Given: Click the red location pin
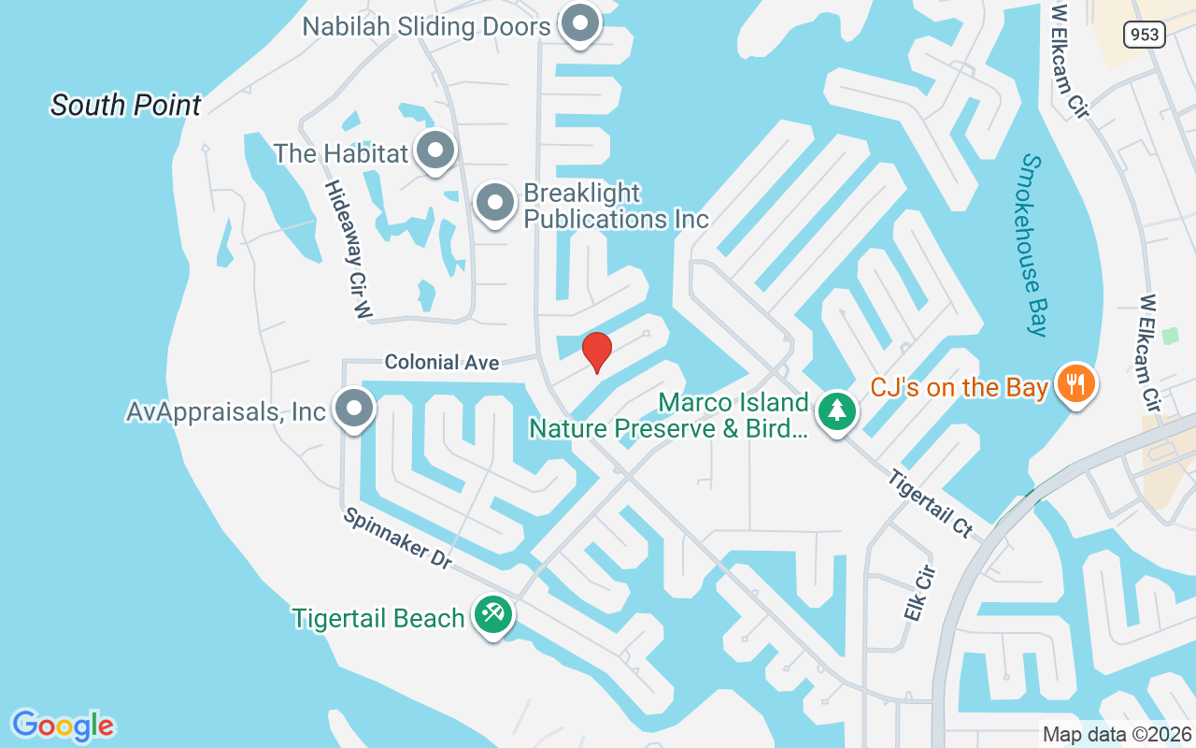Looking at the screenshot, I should [x=596, y=352].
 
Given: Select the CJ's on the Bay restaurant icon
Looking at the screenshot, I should [x=1075, y=383].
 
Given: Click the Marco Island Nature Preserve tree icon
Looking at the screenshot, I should [x=837, y=410].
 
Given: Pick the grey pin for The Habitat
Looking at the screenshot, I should [x=434, y=151].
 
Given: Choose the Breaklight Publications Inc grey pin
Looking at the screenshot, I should [x=494, y=202].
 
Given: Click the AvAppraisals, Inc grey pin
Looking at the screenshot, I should [x=353, y=409].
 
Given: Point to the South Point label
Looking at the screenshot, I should [x=126, y=105].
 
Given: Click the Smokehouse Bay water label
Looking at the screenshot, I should [x=1032, y=245].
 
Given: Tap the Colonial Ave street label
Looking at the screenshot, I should [x=442, y=361].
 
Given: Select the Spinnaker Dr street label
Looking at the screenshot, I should [x=397, y=539].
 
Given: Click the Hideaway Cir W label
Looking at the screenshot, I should [x=348, y=251].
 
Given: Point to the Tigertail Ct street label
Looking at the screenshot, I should [x=930, y=502].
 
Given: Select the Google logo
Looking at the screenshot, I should [x=64, y=726].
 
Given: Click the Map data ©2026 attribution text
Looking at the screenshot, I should [x=1117, y=734].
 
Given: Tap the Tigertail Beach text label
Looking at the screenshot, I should [x=378, y=618].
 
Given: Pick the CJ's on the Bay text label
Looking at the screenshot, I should [x=959, y=386].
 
